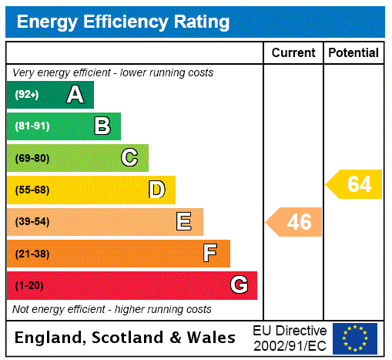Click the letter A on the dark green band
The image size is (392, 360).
point(75,95)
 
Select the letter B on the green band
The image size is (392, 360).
point(102,126)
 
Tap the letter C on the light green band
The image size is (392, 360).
point(129,158)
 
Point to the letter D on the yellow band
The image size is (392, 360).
point(156,190)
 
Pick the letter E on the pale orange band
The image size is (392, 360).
point(184,222)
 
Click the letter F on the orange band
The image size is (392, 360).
point(210,254)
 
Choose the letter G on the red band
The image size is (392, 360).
point(239,285)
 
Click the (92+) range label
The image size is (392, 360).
point(27,96)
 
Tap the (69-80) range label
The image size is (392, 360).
point(32,159)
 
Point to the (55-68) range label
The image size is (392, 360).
point(32,190)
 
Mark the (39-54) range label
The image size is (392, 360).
point(32,222)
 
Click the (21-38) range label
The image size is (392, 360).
point(32,254)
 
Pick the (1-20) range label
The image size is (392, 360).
point(29,286)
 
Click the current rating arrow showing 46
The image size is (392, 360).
point(295,222)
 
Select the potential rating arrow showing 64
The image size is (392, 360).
point(355,185)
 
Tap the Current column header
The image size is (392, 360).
point(293,53)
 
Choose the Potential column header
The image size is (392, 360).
point(353,53)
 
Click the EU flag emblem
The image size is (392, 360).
point(355,338)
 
